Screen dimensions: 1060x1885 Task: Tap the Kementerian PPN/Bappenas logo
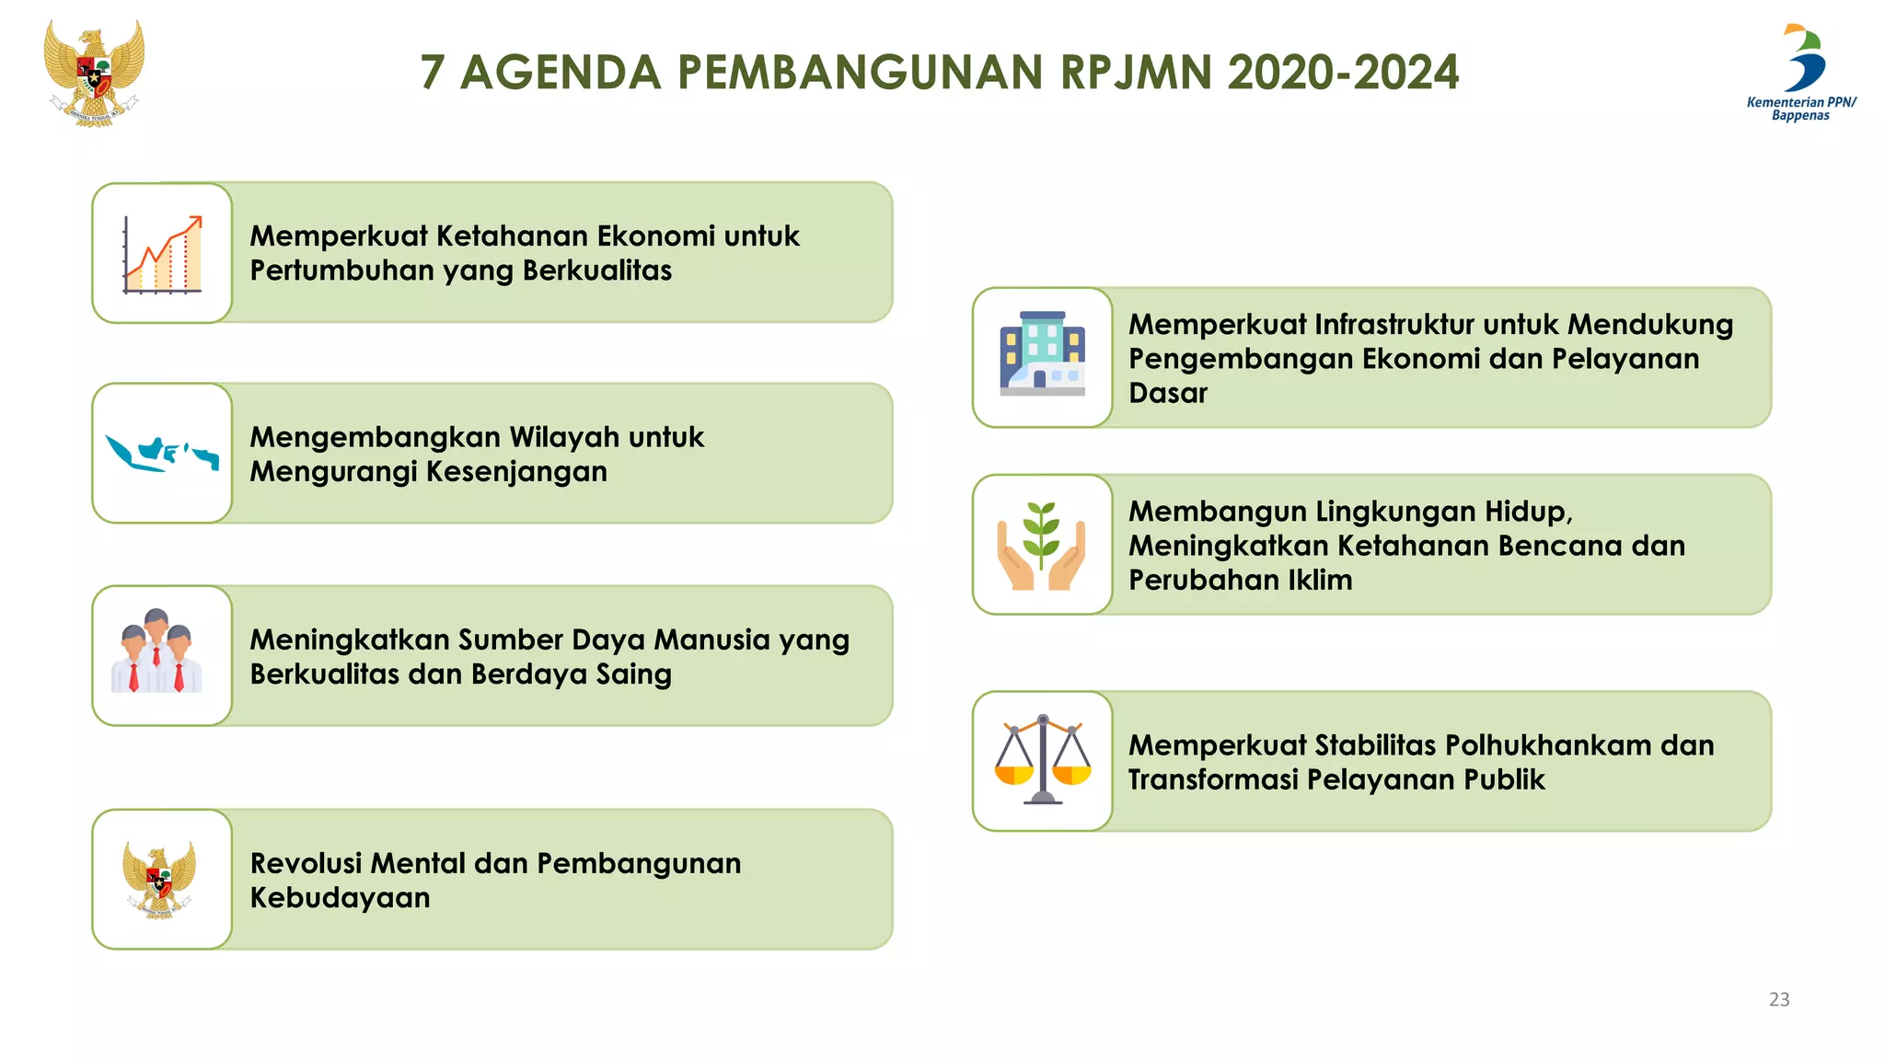(1802, 72)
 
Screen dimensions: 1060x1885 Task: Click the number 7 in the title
(434, 73)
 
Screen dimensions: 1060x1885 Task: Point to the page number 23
(1779, 999)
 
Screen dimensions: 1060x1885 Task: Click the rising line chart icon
(162, 254)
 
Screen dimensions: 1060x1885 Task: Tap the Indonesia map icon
(162, 454)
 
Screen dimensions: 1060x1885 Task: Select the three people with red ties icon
(157, 652)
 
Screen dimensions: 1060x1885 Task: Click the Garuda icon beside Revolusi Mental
(159, 880)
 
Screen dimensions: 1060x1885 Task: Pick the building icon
(1042, 354)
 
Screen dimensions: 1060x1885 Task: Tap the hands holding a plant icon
(1042, 546)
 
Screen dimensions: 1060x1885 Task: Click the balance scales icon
(1042, 760)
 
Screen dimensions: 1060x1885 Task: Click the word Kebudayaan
(340, 898)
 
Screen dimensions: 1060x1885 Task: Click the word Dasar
(1167, 394)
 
